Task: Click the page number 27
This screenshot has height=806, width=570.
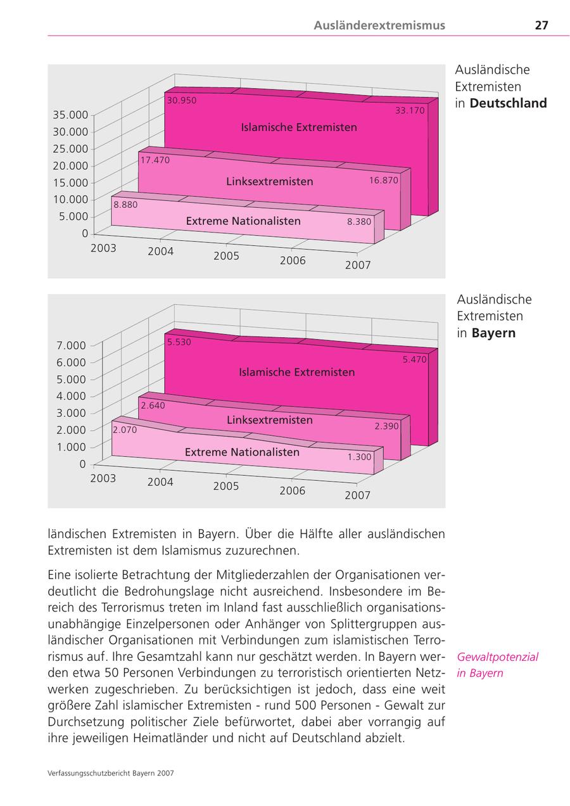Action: [x=541, y=25]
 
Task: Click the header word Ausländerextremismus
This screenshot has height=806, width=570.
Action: [x=379, y=25]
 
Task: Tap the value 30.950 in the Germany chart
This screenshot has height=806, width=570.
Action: [x=181, y=100]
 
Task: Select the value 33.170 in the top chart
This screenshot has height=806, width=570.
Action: [x=410, y=110]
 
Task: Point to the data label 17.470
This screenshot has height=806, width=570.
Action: [x=155, y=160]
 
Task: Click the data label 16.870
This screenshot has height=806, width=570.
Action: [x=384, y=181]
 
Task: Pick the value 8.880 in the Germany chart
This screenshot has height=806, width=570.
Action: [x=125, y=205]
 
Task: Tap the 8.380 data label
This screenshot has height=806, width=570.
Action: [x=358, y=222]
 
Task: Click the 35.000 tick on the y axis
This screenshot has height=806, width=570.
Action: [x=70, y=115]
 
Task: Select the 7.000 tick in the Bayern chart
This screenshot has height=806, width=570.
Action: [x=71, y=345]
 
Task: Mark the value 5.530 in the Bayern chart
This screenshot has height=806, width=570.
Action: [x=179, y=342]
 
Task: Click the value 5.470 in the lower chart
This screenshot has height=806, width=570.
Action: [x=414, y=359]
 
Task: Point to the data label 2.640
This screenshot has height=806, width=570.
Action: [x=153, y=406]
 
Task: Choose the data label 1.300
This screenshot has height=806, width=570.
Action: [x=359, y=456]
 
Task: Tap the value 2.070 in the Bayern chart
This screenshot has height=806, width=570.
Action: [x=125, y=430]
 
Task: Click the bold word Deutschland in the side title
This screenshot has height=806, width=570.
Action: [x=508, y=103]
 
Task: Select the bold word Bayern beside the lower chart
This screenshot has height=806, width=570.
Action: [x=493, y=333]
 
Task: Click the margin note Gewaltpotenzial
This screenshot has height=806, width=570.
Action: [x=497, y=656]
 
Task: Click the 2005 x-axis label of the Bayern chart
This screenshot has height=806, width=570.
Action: [x=226, y=486]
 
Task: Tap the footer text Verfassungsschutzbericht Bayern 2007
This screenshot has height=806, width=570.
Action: [x=111, y=773]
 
